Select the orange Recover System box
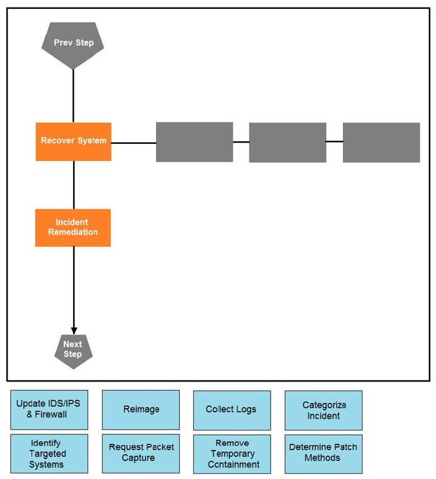point(74,141)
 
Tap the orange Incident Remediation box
point(73,228)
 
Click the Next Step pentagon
point(73,350)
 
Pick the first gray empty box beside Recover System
point(194,142)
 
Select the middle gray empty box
point(288,143)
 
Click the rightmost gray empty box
point(381,142)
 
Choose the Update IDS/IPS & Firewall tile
point(50,410)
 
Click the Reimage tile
point(141,410)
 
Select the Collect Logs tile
point(232,410)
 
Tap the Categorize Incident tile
point(323,410)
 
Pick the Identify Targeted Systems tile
point(50,454)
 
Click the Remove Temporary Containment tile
point(232,454)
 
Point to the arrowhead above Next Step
point(74,329)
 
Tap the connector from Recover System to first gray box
point(133,143)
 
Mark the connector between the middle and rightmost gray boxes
point(334,141)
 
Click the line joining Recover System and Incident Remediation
point(74,185)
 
